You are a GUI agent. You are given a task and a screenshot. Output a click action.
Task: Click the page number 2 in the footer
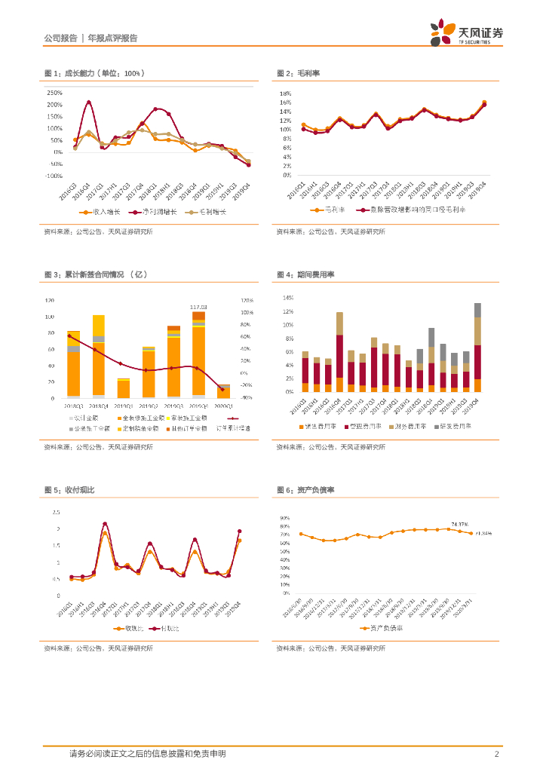(x=496, y=754)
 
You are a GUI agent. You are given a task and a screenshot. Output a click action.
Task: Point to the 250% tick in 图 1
(x=55, y=93)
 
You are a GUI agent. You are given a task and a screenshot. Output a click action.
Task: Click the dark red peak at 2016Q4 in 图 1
(x=89, y=103)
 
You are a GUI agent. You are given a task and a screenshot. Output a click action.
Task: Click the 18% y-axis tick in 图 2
(x=286, y=93)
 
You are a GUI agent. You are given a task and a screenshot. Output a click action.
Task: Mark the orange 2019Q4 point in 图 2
(x=484, y=103)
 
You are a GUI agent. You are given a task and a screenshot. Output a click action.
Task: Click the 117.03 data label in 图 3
(x=198, y=307)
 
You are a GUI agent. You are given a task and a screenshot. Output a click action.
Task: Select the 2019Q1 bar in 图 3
(x=123, y=388)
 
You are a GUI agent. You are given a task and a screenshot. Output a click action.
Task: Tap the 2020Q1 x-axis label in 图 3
(x=224, y=406)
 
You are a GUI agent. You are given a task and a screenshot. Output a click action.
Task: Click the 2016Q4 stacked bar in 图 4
(x=339, y=352)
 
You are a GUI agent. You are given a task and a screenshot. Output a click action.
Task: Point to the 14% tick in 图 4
(x=287, y=298)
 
